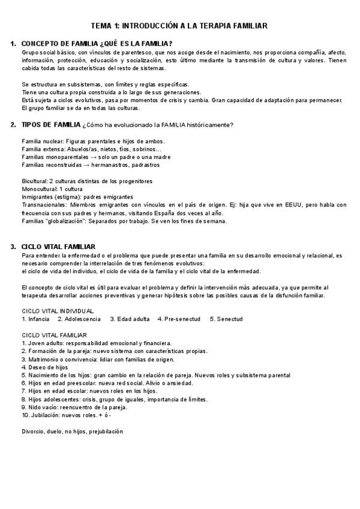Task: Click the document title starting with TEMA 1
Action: (x=179, y=26)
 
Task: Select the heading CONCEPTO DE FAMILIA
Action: (x=97, y=44)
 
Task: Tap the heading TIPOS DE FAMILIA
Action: (x=50, y=125)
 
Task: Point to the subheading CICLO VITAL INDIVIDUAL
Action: (x=58, y=311)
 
